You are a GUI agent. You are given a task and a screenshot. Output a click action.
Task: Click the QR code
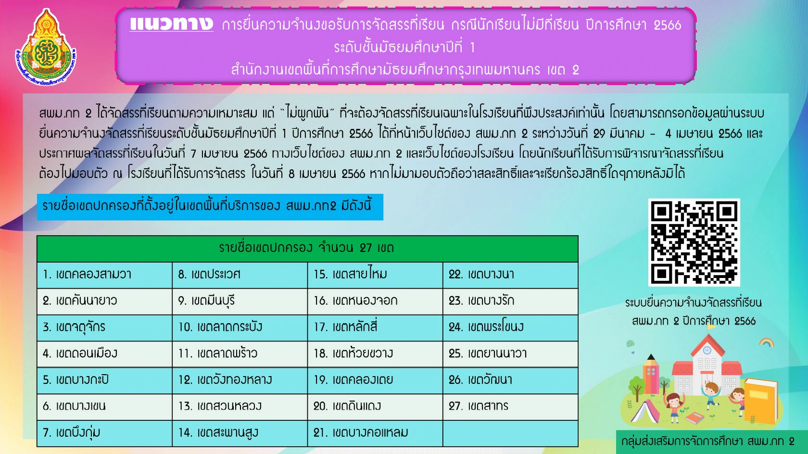[x=694, y=242]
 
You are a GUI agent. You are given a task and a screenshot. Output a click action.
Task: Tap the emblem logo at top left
[x=46, y=47]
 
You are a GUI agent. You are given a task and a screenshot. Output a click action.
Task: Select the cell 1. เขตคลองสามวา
[x=105, y=275]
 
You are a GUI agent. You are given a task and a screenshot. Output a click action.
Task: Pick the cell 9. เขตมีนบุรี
[x=240, y=301]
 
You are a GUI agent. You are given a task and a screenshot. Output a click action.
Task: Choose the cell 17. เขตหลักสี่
[x=375, y=328]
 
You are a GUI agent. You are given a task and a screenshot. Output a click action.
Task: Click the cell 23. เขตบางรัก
[x=510, y=301]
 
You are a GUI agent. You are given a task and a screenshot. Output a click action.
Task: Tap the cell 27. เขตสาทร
[x=510, y=407]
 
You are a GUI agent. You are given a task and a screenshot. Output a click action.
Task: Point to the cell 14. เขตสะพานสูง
[x=240, y=433]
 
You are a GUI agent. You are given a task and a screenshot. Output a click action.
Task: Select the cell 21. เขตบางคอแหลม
[x=375, y=433]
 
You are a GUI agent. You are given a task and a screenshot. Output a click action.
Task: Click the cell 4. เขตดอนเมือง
[x=105, y=354]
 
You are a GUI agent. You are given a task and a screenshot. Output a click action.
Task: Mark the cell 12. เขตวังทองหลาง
[x=240, y=380]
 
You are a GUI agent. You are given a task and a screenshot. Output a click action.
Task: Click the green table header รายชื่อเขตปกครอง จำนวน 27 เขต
[x=307, y=249]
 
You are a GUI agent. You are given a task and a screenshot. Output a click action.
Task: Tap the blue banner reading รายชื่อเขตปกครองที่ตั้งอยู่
[x=210, y=207]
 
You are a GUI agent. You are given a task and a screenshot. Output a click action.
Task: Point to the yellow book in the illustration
[x=760, y=400]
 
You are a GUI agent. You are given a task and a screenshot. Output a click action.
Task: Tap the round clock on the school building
[x=707, y=350]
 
